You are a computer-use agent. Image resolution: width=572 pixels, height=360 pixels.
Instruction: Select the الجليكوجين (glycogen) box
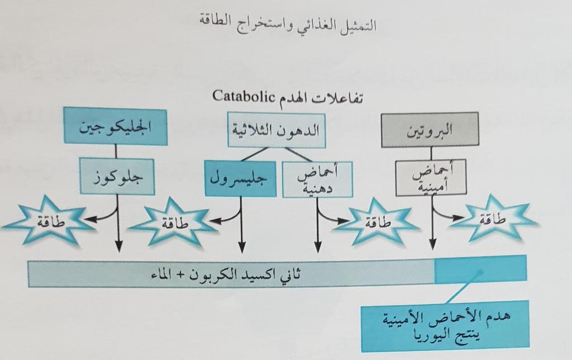point(116,126)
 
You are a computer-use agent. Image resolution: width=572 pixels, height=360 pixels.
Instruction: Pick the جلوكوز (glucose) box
point(117,176)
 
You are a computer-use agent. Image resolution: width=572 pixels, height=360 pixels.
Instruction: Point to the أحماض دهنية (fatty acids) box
point(317,179)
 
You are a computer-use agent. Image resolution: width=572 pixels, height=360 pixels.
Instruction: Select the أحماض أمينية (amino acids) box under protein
point(431,178)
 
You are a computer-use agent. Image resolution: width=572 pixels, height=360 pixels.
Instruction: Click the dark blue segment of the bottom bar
point(480,268)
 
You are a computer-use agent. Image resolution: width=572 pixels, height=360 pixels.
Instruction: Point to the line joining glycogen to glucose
point(116,151)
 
